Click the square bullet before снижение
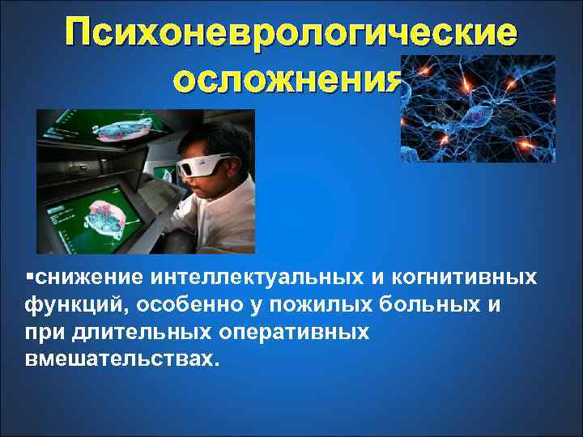point(30,278)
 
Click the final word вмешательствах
point(121,359)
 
